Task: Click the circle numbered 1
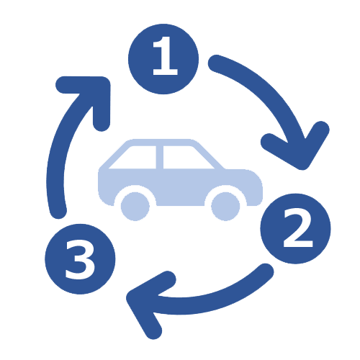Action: [x=163, y=59]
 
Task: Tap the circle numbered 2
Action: [x=296, y=229]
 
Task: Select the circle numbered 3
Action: [x=80, y=259]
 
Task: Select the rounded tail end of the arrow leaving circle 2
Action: [x=265, y=271]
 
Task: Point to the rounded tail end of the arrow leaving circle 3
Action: [x=58, y=210]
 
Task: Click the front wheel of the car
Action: [x=225, y=206]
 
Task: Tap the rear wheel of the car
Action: [x=135, y=206]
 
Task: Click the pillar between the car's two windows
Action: [x=160, y=157]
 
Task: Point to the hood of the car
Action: [x=243, y=175]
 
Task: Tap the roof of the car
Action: [x=161, y=142]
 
